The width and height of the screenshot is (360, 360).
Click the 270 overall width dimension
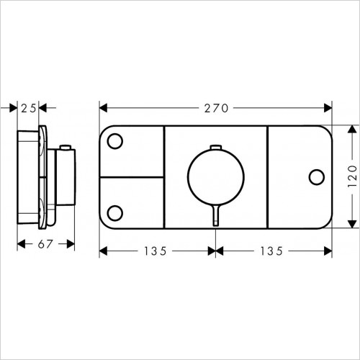pos(215,109)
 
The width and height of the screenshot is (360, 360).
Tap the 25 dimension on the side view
pos(28,109)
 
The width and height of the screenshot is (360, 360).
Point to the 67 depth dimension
pos(45,243)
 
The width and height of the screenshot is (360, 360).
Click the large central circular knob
pos(215,175)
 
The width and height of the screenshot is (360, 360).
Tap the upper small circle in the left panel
pos(114,142)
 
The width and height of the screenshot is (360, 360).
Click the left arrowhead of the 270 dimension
pos(103,109)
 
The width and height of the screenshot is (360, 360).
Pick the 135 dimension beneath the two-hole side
pos(155,251)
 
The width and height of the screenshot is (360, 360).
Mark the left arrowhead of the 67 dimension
pos(20,243)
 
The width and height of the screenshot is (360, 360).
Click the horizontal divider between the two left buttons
pos(132,176)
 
